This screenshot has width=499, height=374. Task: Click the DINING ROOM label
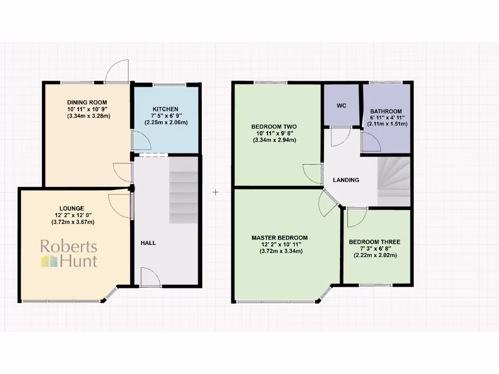click(x=88, y=102)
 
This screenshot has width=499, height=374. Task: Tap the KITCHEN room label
click(x=166, y=109)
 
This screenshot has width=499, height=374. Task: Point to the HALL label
click(x=148, y=243)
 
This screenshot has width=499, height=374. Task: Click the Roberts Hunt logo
click(x=69, y=254)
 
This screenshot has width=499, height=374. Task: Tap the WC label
click(x=341, y=106)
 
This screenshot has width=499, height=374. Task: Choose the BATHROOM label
click(x=386, y=111)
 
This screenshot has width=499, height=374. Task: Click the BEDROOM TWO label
click(x=274, y=127)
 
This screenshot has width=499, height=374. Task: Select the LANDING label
click(x=346, y=180)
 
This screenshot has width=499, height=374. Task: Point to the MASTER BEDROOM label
click(x=279, y=238)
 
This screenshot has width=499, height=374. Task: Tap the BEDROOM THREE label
click(x=374, y=242)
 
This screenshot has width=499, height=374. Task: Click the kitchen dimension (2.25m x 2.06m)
click(x=166, y=123)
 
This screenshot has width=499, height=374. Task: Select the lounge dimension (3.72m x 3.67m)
click(x=73, y=222)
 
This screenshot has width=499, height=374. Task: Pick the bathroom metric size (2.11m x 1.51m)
click(x=387, y=124)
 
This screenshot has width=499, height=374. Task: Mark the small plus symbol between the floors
click(x=215, y=192)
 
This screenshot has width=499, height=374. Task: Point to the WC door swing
click(x=338, y=136)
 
